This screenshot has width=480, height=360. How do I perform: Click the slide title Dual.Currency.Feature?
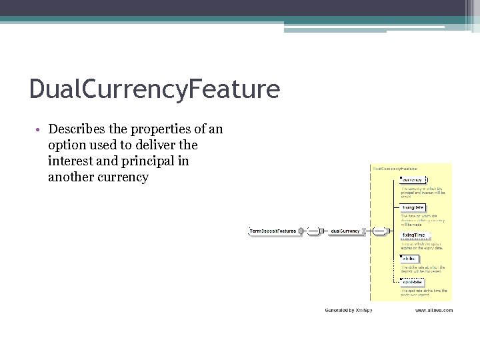coord(154,89)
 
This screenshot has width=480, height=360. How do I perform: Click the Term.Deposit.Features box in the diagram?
coord(273,231)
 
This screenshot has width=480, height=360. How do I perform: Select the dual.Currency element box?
coord(345,231)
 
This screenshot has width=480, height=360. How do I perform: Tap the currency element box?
coord(413,180)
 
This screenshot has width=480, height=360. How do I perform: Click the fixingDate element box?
coord(413,207)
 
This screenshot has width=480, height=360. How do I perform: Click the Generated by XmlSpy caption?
coord(349,311)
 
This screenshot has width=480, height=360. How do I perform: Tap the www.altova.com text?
coord(434,311)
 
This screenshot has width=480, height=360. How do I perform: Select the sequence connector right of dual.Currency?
coord(379,231)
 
